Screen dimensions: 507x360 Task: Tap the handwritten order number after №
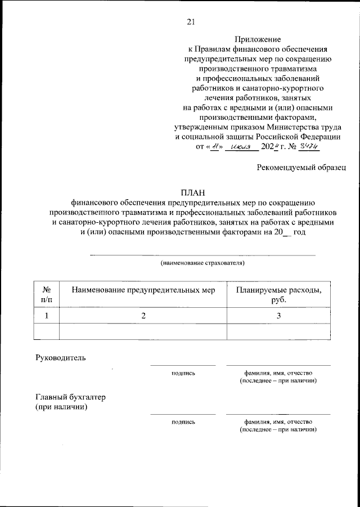[x=308, y=146]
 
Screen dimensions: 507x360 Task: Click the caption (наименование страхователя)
[x=202, y=263]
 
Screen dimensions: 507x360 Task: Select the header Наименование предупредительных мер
[x=143, y=290]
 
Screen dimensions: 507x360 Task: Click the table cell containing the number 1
[x=47, y=316]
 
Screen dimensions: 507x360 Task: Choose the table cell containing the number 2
[x=143, y=316]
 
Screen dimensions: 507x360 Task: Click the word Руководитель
[x=61, y=357]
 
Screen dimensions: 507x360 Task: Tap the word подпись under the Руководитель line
[x=183, y=373]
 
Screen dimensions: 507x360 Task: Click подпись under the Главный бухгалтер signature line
[x=183, y=421]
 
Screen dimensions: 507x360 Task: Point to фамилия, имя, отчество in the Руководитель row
[x=278, y=373]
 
